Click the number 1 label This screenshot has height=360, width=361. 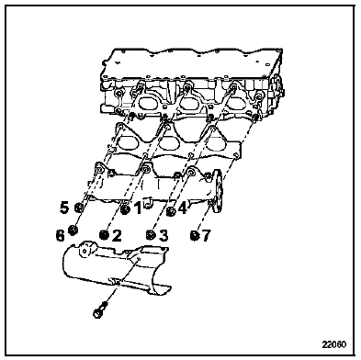[x=139, y=208]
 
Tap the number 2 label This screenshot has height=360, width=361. [x=117, y=235]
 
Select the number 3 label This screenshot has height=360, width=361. [x=164, y=235]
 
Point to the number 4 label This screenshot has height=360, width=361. [x=182, y=208]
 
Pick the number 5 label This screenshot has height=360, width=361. [x=64, y=208]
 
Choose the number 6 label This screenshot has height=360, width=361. [x=60, y=235]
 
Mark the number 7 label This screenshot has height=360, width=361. [x=206, y=235]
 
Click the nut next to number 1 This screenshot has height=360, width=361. [x=125, y=210]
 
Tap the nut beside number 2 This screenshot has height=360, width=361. [x=105, y=235]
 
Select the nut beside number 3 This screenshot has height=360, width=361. [x=151, y=234]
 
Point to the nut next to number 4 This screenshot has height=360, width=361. [x=171, y=211]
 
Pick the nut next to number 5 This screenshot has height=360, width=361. [x=79, y=208]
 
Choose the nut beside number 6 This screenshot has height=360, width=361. [x=73, y=230]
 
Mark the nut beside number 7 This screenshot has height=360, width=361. [x=194, y=235]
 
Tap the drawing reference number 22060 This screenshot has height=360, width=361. [x=334, y=344]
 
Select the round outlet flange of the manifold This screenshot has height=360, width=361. [x=218, y=190]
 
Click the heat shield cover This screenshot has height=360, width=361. [x=116, y=268]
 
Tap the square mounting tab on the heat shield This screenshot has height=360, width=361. [x=85, y=251]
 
